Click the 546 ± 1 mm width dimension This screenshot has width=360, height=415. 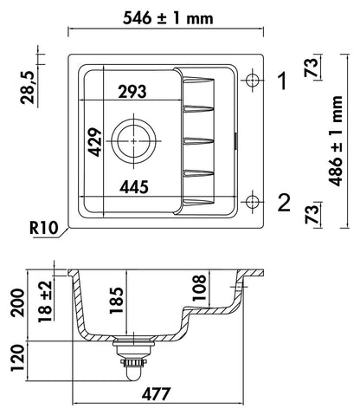click(x=168, y=19)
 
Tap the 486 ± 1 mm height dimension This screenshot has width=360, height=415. click(x=336, y=141)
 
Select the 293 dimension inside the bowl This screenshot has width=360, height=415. click(x=132, y=92)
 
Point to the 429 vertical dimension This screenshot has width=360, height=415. click(x=95, y=142)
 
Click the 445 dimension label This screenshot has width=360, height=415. click(x=134, y=187)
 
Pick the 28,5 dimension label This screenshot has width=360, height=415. click(x=28, y=88)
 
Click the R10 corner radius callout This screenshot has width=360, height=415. click(x=43, y=229)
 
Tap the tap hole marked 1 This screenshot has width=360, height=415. click(x=253, y=81)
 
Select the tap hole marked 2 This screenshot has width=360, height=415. click(x=253, y=202)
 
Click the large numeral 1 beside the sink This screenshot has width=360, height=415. click(x=283, y=81)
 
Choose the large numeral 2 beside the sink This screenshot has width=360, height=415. click(x=284, y=202)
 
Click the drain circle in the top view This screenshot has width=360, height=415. click(x=134, y=141)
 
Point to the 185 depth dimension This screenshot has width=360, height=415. click(x=116, y=301)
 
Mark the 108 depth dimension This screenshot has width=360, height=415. click(x=199, y=288)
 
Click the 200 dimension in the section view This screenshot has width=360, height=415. click(x=17, y=302)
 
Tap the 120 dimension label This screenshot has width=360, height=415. click(x=17, y=358)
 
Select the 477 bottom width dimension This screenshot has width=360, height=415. click(x=156, y=393)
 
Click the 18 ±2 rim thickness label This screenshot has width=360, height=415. click(x=45, y=302)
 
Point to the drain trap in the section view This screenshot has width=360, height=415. click(x=133, y=359)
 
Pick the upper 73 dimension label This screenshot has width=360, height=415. click(x=312, y=68)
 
